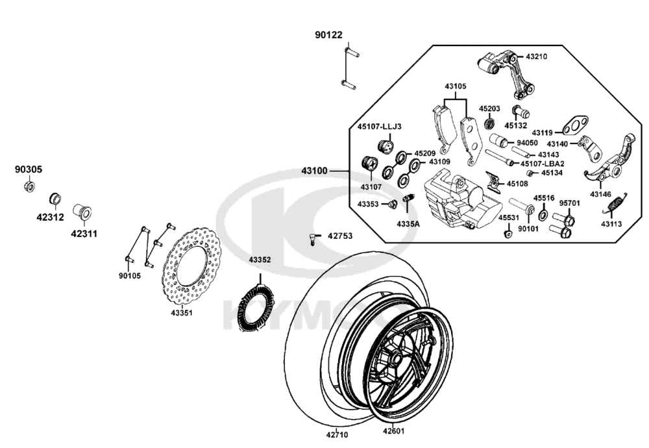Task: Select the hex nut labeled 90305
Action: click(x=29, y=186)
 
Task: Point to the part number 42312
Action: click(x=50, y=218)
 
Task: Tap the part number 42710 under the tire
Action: click(x=337, y=434)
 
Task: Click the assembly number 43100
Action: click(x=314, y=171)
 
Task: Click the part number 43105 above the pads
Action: click(x=455, y=86)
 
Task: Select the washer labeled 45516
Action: click(x=543, y=214)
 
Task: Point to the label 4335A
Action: click(x=408, y=223)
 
